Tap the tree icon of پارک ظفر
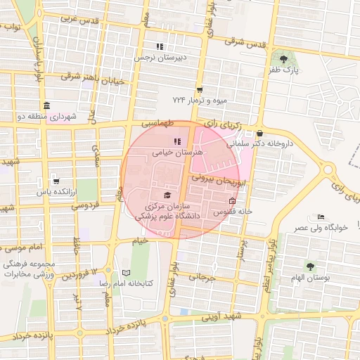coord(283,59)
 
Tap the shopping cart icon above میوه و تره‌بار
coord(200,90)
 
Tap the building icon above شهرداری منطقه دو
coord(46,105)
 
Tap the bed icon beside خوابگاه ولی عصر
coord(321,217)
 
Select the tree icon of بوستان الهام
coord(310,266)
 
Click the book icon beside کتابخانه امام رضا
coord(126,272)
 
